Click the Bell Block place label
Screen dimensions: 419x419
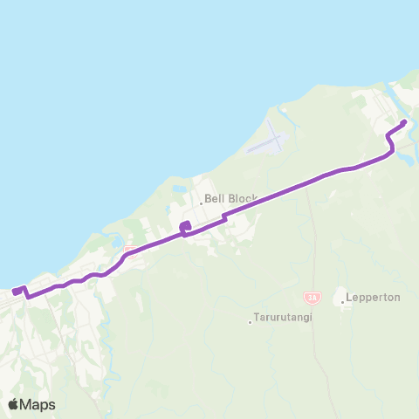(230, 199)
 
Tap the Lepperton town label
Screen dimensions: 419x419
(373, 297)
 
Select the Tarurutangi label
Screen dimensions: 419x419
(283, 318)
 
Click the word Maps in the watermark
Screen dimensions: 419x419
(38, 404)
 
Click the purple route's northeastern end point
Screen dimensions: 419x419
(403, 122)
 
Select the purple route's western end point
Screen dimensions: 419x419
(15, 291)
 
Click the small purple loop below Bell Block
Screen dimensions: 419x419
(184, 229)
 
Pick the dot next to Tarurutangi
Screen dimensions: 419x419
(250, 322)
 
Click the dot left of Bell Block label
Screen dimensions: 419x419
(201, 203)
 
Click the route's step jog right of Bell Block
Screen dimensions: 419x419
(225, 216)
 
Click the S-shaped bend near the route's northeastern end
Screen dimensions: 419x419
(390, 140)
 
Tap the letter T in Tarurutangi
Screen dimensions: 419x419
(256, 318)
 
